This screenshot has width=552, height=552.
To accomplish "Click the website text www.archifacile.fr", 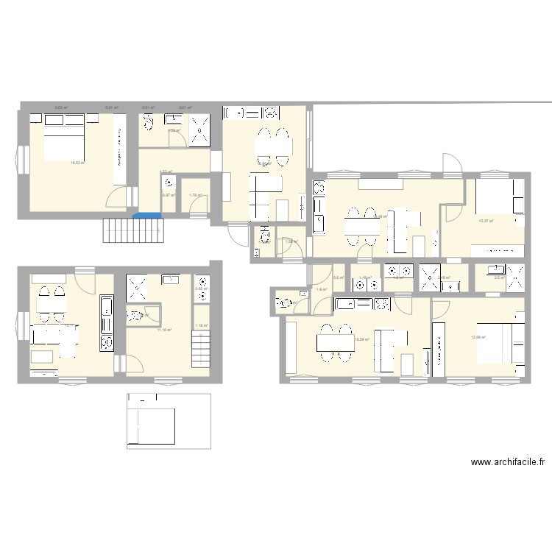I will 508,463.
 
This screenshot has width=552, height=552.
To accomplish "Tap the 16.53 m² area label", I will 77,163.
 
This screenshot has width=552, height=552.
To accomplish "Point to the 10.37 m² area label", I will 486,220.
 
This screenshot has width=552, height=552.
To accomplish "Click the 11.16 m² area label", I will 164,330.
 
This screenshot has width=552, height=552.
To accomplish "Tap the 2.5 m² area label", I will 498,277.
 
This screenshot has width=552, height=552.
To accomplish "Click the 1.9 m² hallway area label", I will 321,289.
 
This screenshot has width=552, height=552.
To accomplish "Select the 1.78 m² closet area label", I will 195,195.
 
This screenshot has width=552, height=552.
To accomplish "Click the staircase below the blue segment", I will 132,231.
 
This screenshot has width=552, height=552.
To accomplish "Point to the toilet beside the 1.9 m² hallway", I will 284,302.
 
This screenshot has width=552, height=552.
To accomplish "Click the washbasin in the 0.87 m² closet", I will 169,183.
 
